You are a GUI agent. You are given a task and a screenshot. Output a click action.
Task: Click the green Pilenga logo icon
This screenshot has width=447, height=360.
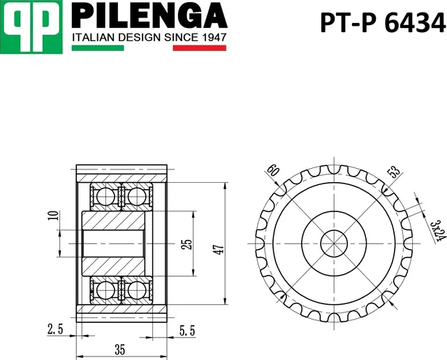[33, 26]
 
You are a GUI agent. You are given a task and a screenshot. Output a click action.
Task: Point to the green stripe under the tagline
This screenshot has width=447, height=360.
[98, 48]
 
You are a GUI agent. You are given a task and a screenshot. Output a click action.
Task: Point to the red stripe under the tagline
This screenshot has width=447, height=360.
[199, 48]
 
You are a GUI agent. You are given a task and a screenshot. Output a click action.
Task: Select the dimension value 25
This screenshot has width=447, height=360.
[186, 244]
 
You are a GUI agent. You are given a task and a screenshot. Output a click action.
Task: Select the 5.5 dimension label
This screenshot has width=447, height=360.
[186, 327]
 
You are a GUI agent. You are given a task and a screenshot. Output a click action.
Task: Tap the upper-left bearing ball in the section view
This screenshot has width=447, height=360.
[105, 197]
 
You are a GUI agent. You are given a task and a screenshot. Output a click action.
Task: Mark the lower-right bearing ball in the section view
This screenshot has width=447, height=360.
[137, 290]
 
